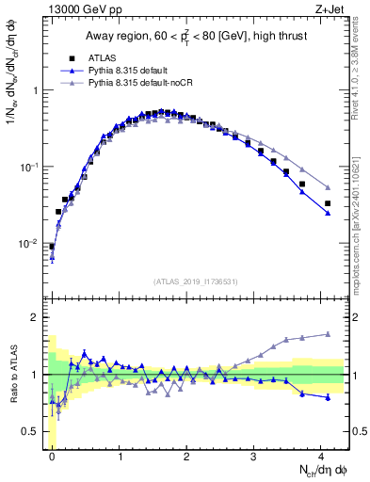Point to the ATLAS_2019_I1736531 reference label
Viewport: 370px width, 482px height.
pos(197,281)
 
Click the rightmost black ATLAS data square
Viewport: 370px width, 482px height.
pos(328,203)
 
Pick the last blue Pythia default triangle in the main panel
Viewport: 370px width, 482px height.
pos(328,214)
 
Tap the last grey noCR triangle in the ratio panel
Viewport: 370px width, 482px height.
pos(328,334)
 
